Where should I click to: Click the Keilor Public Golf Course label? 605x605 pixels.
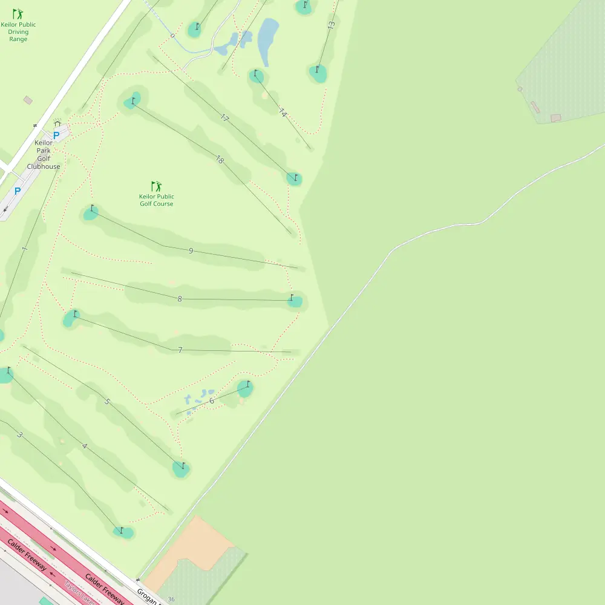point(157,200)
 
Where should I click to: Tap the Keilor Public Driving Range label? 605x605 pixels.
point(18,32)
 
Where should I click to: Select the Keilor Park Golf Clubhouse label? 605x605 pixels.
point(44,155)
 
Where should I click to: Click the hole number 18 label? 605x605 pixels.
point(220,160)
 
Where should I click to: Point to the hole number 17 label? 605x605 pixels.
point(225,118)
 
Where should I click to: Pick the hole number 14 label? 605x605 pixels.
point(283,113)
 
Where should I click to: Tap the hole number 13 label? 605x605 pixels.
point(331,25)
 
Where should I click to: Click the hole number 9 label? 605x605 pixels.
point(191,250)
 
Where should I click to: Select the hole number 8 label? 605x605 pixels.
point(180,299)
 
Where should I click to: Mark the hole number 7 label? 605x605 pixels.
point(180,350)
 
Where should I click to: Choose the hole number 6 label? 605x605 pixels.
point(212,401)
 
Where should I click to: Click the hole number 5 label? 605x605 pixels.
point(107,402)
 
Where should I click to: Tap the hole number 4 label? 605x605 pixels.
point(84,446)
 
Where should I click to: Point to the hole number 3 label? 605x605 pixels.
point(19,435)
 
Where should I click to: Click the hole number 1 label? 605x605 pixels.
point(24,249)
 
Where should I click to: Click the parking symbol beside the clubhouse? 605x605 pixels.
point(56,136)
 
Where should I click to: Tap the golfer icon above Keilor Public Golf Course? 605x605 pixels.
point(157,186)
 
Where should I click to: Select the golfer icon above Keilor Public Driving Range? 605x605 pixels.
point(18,13)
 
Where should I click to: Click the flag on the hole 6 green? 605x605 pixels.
point(247,384)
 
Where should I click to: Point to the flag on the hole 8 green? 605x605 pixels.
point(292,297)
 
